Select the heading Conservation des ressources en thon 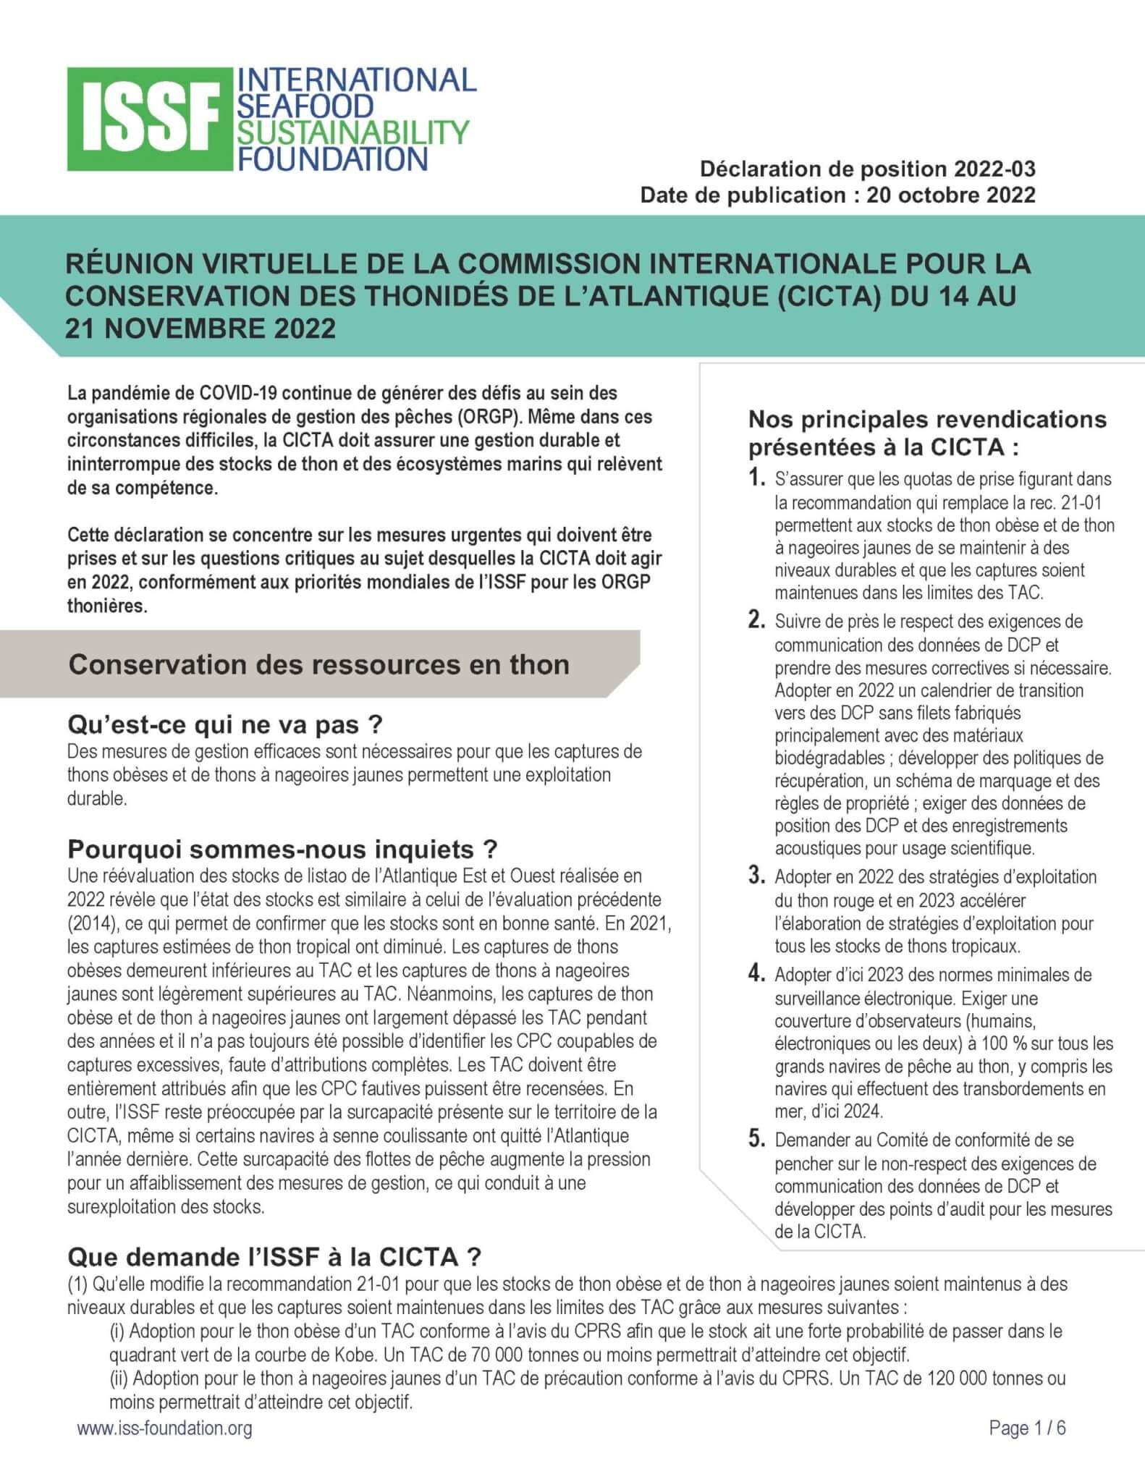(318, 664)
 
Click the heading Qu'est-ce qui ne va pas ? (235, 724)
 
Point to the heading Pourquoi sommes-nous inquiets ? (282, 848)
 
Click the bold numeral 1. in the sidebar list (757, 478)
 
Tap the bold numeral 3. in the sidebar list (757, 876)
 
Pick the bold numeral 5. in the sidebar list (757, 1140)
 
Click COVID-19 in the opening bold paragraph (237, 393)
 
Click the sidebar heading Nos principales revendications (927, 420)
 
